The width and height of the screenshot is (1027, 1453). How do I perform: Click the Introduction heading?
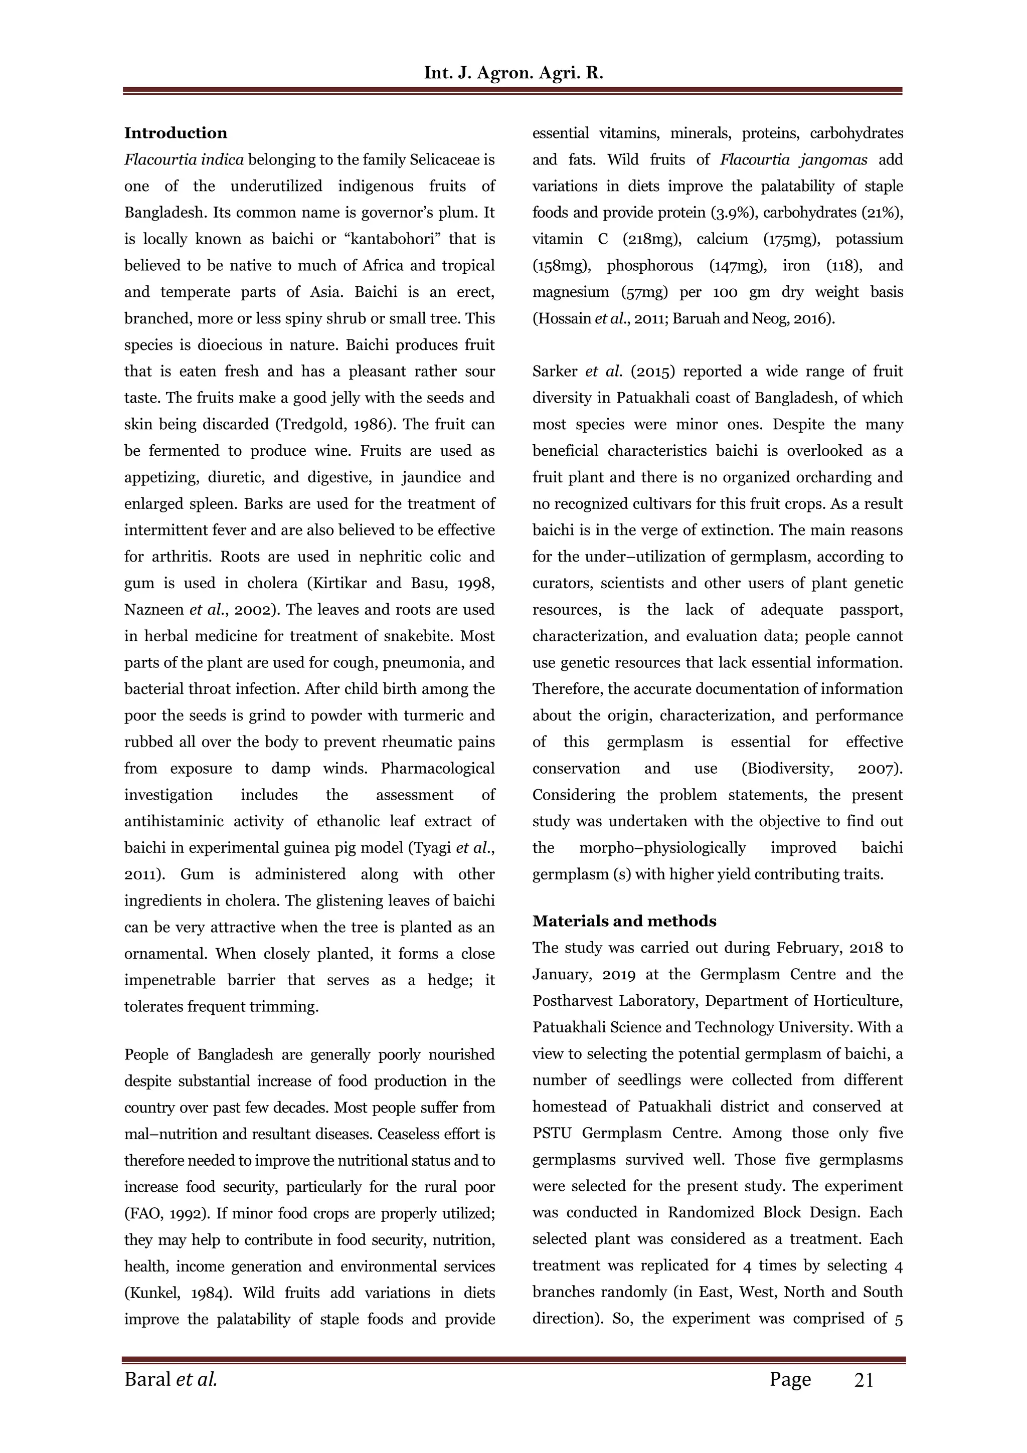pyautogui.click(x=176, y=133)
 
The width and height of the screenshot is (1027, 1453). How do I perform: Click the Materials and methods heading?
pyautogui.click(x=624, y=921)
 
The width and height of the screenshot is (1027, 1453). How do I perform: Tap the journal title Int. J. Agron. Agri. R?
pyautogui.click(x=513, y=73)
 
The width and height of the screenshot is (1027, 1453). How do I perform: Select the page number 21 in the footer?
pyautogui.click(x=864, y=1380)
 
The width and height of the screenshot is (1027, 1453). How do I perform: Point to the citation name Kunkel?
pyautogui.click(x=150, y=1293)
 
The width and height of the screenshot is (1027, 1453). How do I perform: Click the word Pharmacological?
pyautogui.click(x=437, y=768)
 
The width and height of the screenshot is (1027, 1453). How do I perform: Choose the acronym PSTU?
pyautogui.click(x=553, y=1133)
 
